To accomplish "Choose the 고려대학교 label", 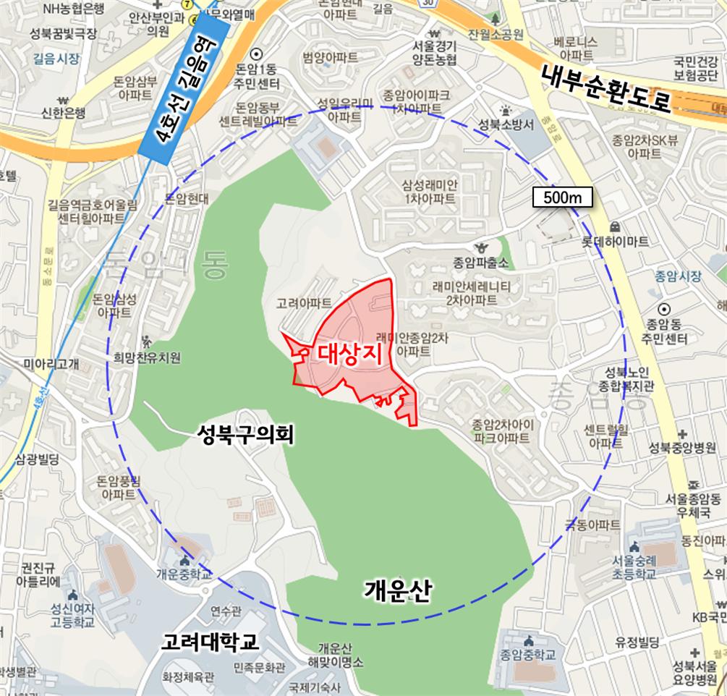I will coord(211,642).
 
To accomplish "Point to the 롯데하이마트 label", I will coord(616,241).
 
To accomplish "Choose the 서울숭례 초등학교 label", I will coord(634,566).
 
